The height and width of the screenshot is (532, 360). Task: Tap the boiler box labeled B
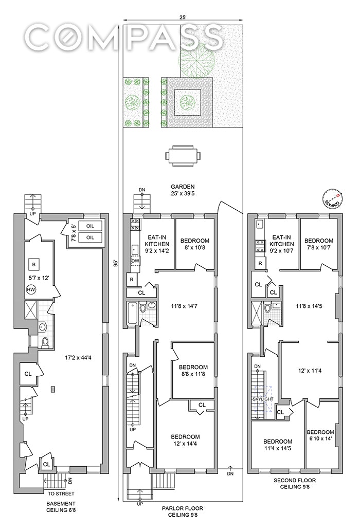click(x=34, y=265)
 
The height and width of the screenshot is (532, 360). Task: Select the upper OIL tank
click(x=90, y=226)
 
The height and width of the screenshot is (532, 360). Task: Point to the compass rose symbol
click(x=332, y=199)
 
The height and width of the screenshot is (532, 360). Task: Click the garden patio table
click(x=182, y=155)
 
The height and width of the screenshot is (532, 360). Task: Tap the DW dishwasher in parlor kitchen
click(x=135, y=262)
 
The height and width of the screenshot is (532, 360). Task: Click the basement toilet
click(x=44, y=342)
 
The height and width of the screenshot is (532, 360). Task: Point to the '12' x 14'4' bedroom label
click(x=186, y=441)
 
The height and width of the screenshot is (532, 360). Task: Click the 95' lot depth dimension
click(x=117, y=264)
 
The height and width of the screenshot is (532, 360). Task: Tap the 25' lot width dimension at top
click(x=183, y=17)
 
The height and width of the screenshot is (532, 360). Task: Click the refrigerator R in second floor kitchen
click(x=260, y=263)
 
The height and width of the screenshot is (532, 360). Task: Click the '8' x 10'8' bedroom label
click(x=194, y=244)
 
